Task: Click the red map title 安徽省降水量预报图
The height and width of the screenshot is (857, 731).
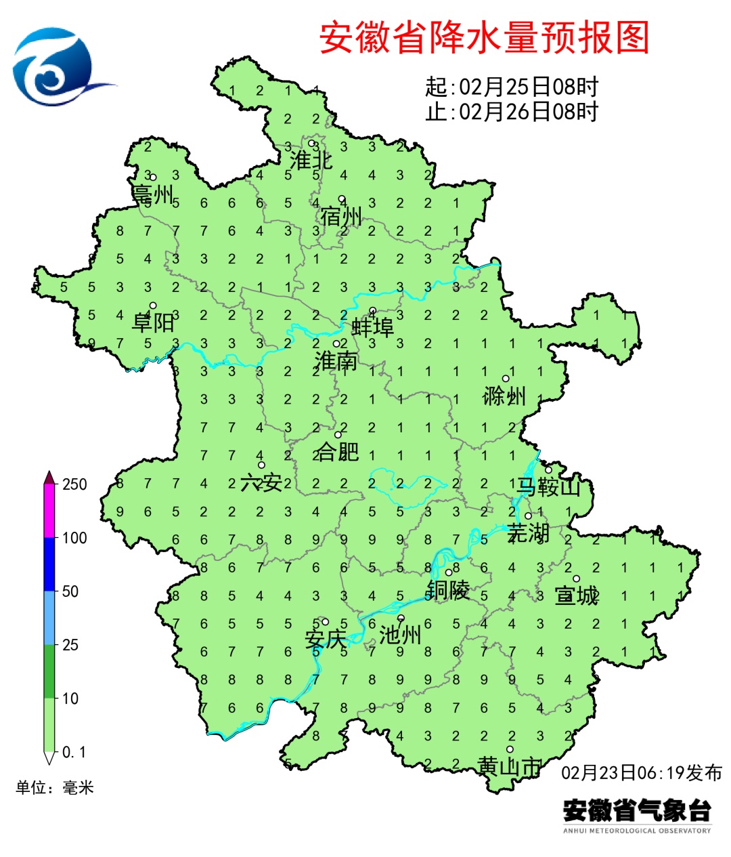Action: coord(484,37)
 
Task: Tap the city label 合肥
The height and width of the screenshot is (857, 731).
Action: coord(337,452)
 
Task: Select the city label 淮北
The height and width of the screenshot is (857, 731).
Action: coord(311,161)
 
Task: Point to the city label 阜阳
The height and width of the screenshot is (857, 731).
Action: coord(153,322)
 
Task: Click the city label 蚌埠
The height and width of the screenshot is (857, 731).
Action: coord(372,329)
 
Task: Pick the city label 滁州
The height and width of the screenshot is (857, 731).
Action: coord(504,396)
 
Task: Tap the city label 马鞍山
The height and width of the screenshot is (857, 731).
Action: coord(549,486)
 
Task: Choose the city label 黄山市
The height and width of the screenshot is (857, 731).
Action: coord(509,767)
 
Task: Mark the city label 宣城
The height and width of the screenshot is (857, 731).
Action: coord(577,596)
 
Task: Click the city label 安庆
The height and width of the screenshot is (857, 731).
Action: coord(325,639)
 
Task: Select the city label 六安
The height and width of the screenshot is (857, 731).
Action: coord(261,483)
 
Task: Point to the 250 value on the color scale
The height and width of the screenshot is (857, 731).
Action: coord(74,484)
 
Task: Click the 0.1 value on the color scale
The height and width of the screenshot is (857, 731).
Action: coord(74,752)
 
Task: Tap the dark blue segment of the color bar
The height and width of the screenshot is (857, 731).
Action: coord(49,564)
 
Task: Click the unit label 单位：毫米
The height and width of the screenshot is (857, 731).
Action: coord(55,787)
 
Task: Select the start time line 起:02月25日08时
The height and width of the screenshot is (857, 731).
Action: coord(512,87)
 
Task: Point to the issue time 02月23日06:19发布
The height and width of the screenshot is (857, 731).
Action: coord(642,772)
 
